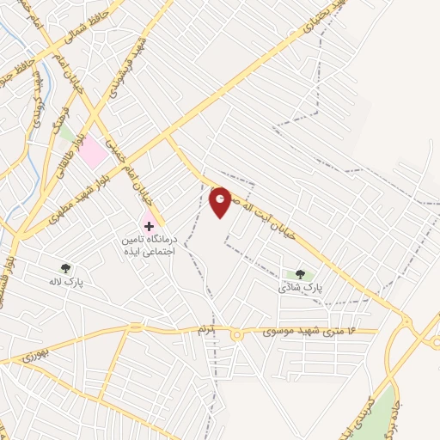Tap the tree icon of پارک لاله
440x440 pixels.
click(x=66, y=267)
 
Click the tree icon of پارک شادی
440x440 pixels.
click(x=300, y=275)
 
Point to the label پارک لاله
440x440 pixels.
click(x=66, y=281)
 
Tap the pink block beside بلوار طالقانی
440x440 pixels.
click(x=95, y=153)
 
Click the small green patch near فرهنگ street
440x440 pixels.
click(x=67, y=133)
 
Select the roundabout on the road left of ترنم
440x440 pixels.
click(x=135, y=327)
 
